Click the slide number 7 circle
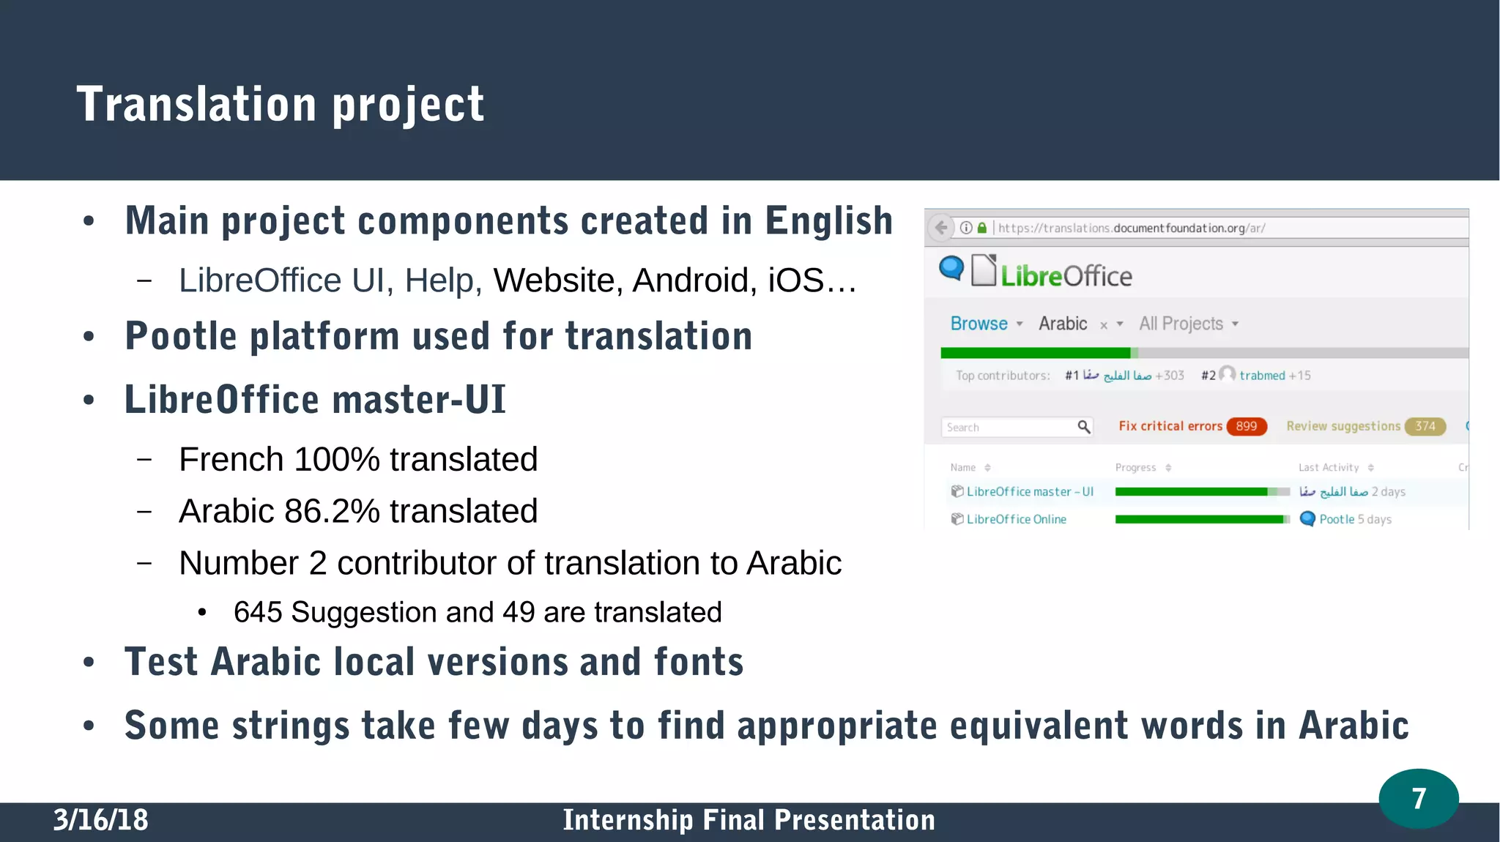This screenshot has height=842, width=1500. [1418, 798]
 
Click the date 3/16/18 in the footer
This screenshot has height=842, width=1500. [100, 820]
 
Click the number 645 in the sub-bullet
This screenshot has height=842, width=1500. [257, 612]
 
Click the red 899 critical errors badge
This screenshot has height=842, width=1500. [1246, 426]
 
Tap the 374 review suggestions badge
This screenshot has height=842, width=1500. [1425, 426]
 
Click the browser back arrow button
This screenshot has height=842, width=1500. [942, 228]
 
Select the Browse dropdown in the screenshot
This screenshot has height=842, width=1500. [985, 324]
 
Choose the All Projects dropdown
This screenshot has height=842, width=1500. [1187, 324]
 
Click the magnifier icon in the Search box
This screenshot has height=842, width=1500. [1084, 427]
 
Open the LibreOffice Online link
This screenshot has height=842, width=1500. [1016, 519]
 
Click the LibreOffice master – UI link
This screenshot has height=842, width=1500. [1030, 492]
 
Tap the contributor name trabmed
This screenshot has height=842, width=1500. [1262, 376]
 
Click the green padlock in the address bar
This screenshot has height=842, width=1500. [982, 228]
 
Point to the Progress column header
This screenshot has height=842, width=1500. [1135, 468]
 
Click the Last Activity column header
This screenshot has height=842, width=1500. [1329, 468]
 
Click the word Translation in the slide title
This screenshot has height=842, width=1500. [196, 104]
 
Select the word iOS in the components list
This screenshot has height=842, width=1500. [795, 280]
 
